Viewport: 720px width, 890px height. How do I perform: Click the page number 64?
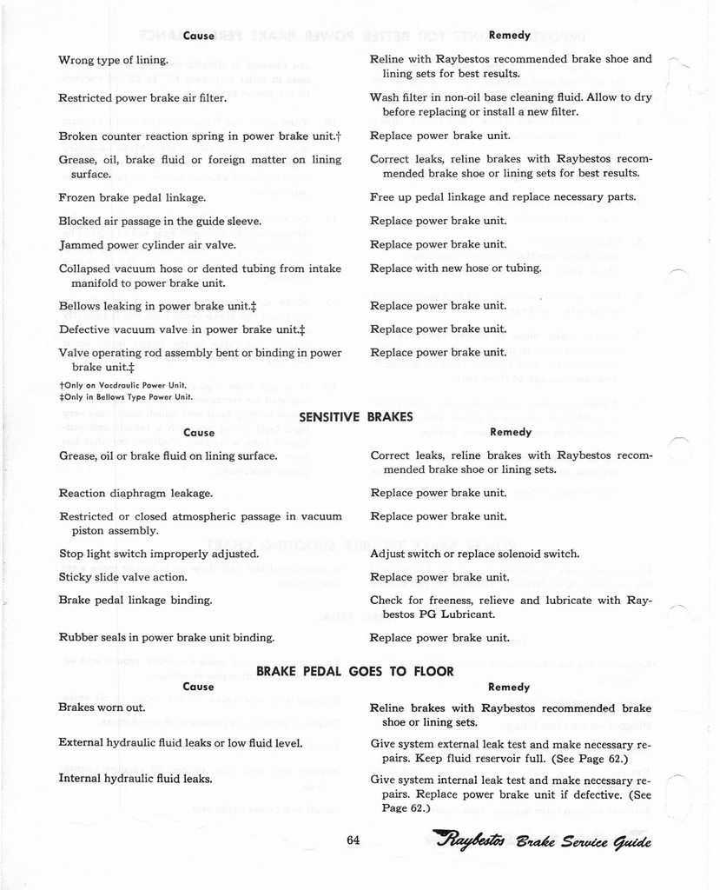coord(353,840)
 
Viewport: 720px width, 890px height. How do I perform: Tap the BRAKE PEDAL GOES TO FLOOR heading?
coord(355,671)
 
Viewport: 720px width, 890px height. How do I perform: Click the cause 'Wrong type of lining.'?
coord(113,61)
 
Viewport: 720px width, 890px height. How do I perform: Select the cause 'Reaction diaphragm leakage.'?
coord(135,494)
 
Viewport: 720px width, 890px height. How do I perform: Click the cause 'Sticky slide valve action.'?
coord(123,577)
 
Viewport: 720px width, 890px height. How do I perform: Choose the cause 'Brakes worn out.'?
coord(102,707)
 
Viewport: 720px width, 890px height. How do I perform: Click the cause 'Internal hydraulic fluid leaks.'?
coord(135,779)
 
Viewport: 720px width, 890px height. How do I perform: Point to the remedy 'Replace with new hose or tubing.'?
coord(456,268)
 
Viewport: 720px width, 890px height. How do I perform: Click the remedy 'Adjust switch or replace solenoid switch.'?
coord(475,554)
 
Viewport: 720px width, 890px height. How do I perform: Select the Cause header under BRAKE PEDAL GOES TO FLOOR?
coord(199,687)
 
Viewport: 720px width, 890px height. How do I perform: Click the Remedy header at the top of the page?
coord(510,36)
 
